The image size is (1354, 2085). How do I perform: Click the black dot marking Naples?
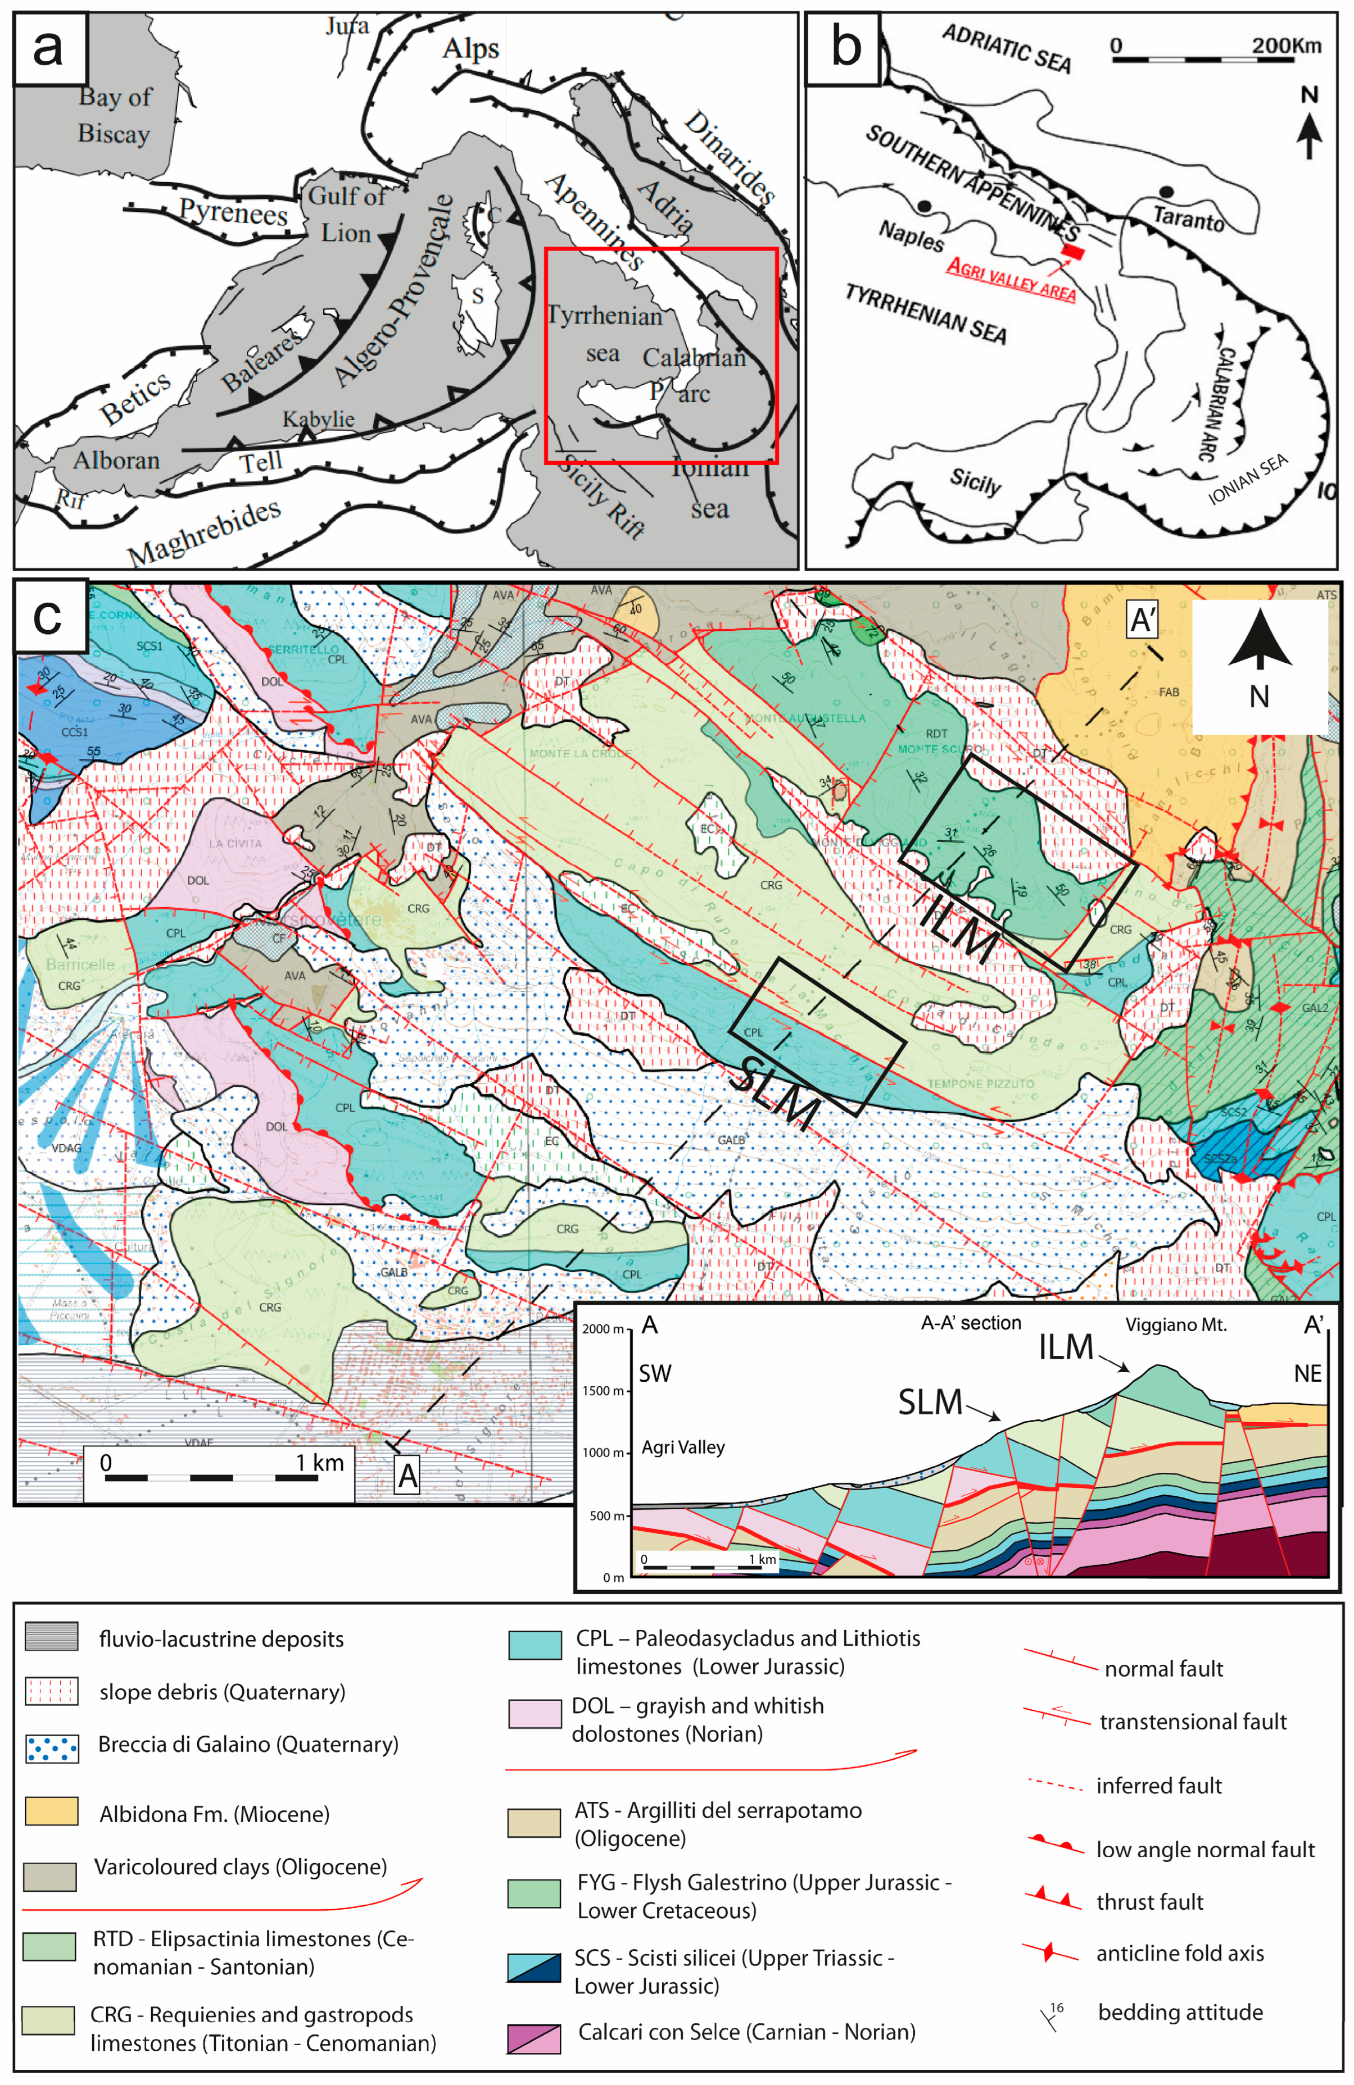click(923, 207)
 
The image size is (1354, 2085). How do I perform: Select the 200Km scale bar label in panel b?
click(1285, 45)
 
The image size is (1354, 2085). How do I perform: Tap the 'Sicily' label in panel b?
click(975, 480)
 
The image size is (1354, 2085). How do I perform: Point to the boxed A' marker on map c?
click(1143, 620)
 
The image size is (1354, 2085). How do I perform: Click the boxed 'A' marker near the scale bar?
click(407, 1476)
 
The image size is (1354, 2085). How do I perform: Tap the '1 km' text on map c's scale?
click(319, 1462)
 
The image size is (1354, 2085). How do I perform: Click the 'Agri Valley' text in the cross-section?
click(683, 1447)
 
